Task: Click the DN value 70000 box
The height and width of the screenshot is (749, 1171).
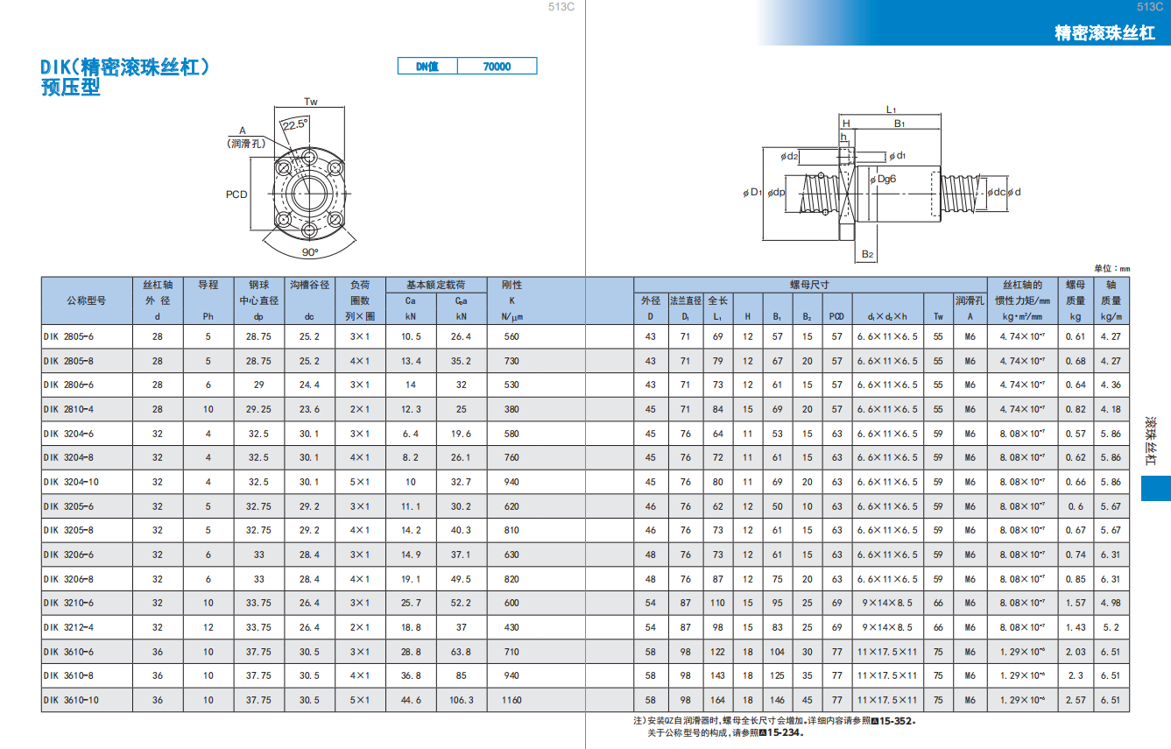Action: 497,67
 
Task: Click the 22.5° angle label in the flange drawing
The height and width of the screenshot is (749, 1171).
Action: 295,124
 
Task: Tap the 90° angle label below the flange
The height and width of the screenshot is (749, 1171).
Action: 310,252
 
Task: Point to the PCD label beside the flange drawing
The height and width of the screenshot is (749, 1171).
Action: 236,194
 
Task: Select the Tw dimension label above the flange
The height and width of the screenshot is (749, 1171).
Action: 311,102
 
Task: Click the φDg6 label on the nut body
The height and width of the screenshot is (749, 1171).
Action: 883,179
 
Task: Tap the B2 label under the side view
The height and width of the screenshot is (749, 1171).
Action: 868,254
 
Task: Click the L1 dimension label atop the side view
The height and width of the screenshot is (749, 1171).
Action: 892,110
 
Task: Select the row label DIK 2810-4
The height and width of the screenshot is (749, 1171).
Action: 68,409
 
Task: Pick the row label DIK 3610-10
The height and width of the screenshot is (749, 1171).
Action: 71,700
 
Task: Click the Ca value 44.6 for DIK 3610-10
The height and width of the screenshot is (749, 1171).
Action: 411,700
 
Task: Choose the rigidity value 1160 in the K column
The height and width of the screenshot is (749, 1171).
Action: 511,700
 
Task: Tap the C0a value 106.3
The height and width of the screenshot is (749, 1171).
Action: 462,700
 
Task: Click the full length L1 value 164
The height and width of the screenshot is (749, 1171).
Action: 718,700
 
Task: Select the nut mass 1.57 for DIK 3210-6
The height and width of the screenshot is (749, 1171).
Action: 1076,603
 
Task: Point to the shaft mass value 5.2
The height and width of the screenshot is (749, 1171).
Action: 1111,627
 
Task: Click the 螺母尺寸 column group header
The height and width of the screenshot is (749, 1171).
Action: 809,285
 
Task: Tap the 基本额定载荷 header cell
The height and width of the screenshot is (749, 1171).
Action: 436,285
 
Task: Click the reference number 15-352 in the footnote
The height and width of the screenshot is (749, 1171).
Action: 897,721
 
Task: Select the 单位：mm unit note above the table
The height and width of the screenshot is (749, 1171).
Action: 1112,268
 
